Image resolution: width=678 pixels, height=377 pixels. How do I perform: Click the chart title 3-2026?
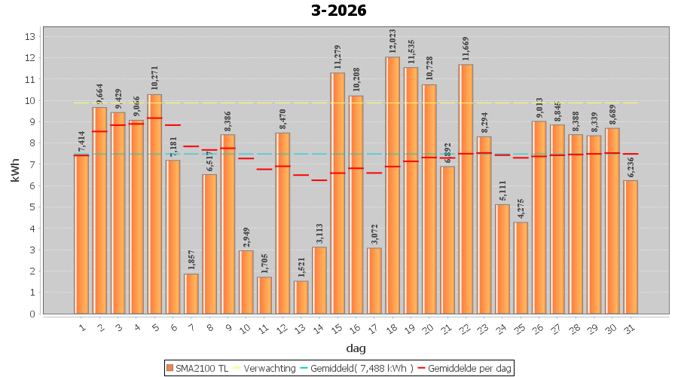point(339,11)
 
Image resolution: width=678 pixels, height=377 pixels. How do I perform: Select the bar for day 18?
point(392,185)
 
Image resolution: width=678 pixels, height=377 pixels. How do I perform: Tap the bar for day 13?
point(301,297)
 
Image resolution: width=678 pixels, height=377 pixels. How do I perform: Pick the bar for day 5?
point(154,204)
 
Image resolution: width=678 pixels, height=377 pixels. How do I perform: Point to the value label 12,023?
point(392,39)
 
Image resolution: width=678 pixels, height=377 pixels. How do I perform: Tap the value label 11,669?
point(466,47)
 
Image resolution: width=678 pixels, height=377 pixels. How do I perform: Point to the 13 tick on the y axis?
point(30,36)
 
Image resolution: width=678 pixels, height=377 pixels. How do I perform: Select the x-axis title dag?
point(356,348)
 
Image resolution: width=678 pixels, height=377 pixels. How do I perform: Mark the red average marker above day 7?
point(191,146)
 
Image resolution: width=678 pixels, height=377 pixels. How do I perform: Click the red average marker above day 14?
point(319,180)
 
